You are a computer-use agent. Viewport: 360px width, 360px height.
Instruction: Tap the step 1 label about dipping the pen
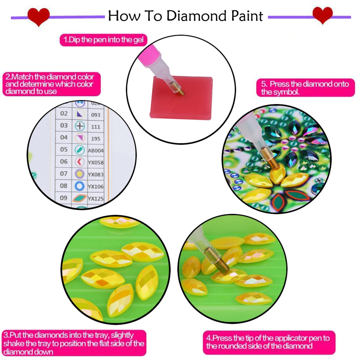103,40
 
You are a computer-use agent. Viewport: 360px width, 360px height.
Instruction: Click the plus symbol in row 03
80,126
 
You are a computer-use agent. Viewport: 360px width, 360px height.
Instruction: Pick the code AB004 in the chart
96,150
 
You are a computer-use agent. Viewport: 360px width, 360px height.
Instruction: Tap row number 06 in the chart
64,162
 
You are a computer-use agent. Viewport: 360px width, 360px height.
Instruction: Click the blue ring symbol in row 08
80,186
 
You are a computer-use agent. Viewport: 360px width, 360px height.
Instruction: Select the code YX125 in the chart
96,199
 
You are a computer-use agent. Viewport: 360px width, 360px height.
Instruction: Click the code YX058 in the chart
96,162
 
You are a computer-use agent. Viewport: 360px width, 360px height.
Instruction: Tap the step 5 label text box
304,88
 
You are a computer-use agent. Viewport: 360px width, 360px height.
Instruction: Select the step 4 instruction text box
269,342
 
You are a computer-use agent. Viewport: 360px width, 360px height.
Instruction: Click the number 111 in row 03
95,127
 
